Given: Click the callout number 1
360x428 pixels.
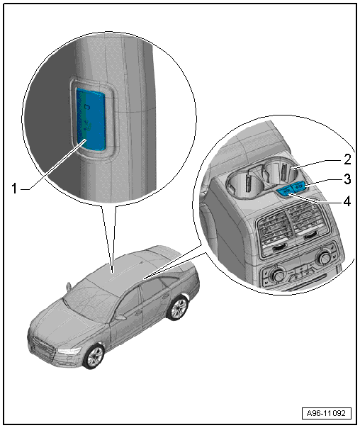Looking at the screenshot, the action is click(x=14, y=188).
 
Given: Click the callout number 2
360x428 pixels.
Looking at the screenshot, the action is click(x=347, y=159).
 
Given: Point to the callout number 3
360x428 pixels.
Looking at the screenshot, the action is click(x=347, y=179).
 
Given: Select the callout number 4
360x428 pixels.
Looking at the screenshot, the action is click(x=347, y=201).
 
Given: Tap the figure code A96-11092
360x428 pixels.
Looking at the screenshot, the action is click(x=326, y=413).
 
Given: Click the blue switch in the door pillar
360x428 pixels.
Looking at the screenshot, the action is click(x=91, y=119).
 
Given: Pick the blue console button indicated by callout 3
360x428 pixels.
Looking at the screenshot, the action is click(x=298, y=187).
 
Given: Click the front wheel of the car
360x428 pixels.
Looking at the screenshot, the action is click(x=94, y=356).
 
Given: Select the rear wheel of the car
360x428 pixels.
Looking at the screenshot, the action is click(x=178, y=308).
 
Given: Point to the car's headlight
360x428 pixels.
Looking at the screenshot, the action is click(x=69, y=351).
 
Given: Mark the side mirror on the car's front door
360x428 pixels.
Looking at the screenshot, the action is click(x=120, y=317).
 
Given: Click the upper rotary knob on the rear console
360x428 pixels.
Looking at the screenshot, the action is click(x=324, y=257).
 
